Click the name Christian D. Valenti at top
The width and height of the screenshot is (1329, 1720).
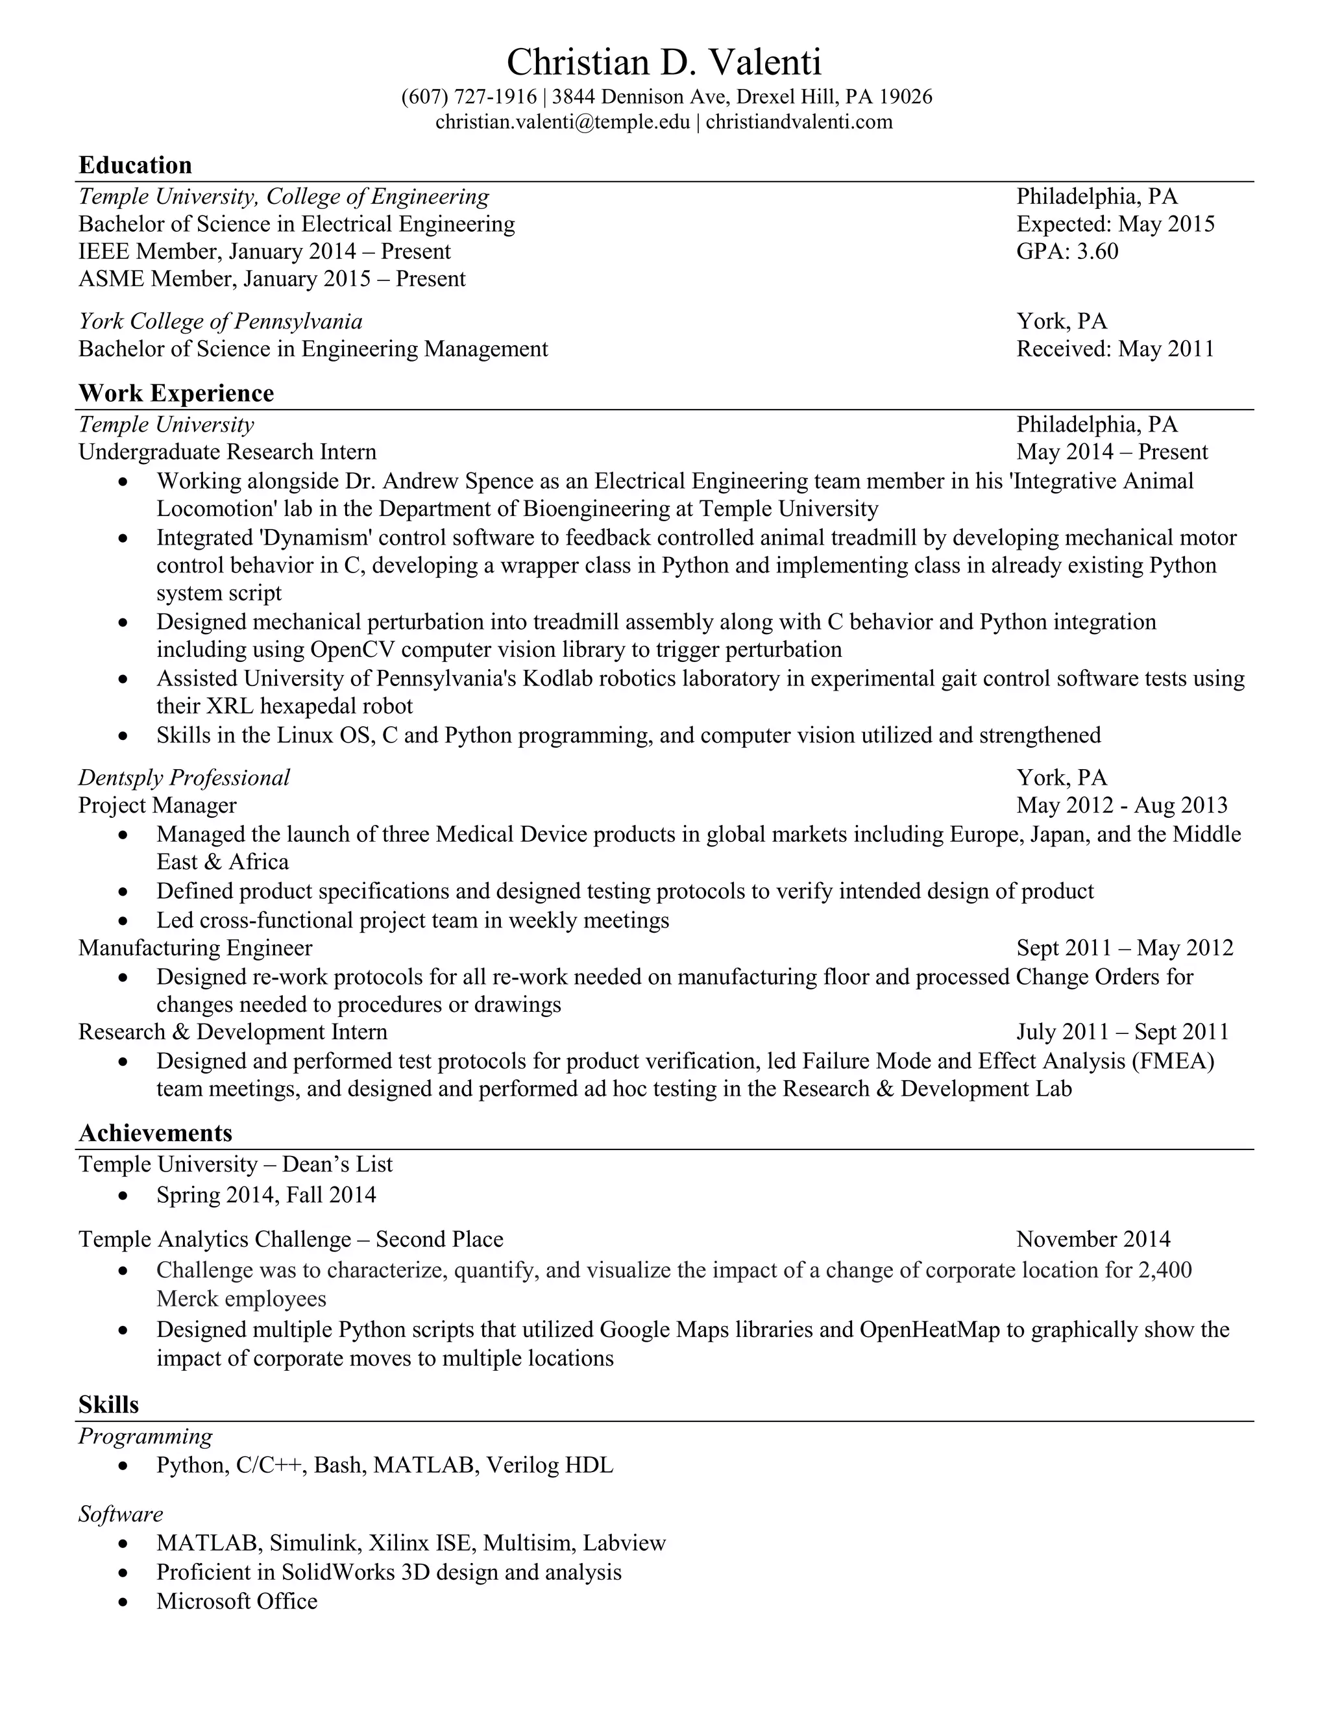[x=664, y=62]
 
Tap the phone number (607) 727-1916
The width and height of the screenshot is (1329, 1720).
[x=469, y=97]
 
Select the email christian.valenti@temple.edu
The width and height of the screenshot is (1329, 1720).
[x=562, y=122]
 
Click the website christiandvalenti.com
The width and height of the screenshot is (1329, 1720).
[x=799, y=122]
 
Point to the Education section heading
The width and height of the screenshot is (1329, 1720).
[x=136, y=166]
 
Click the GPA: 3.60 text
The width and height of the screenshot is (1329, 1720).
[x=1067, y=251]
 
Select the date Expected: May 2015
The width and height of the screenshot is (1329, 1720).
[x=1115, y=225]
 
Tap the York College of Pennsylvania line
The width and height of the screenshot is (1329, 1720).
[x=221, y=321]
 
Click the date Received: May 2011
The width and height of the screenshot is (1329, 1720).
[x=1115, y=349]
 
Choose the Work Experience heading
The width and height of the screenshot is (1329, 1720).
[x=177, y=393]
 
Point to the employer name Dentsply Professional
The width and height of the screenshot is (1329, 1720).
[x=184, y=778]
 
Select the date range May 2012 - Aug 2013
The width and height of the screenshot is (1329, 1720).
[x=1121, y=805]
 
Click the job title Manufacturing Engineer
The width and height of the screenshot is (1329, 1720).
[x=195, y=948]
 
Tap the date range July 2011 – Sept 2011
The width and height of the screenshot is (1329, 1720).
[x=1122, y=1033]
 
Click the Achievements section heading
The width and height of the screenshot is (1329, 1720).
[x=156, y=1133]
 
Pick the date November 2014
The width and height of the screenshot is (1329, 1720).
[x=1093, y=1240]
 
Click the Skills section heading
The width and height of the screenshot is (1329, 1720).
[x=108, y=1405]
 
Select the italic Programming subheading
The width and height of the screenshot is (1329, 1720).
[x=145, y=1436]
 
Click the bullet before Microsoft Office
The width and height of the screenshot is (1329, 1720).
[x=122, y=1602]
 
